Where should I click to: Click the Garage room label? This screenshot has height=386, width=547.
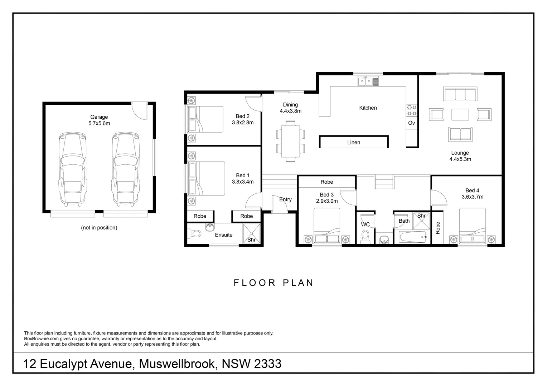point(99,117)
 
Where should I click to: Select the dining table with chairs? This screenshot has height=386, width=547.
point(290,141)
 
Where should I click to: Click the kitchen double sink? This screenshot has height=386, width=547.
point(368,82)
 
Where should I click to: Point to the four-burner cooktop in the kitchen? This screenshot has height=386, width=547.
point(412,110)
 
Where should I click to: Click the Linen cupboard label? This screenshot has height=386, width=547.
point(354,142)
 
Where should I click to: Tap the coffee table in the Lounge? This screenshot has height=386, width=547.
point(460,115)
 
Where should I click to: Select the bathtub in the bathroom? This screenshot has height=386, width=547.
point(412,237)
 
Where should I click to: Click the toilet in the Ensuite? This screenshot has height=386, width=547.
point(195,234)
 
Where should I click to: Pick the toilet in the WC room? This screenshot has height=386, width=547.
point(366,236)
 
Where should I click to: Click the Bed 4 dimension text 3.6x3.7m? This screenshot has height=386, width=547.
point(472,197)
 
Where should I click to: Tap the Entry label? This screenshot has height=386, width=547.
point(285,199)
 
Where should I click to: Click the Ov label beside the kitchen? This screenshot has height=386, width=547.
point(412,123)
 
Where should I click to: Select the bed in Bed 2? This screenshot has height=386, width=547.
point(205,119)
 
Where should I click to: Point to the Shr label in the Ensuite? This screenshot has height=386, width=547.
point(251,240)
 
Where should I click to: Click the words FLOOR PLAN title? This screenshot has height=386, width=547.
point(274,283)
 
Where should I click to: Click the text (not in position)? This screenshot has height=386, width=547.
point(99,228)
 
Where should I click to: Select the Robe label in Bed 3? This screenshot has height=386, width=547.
point(326,182)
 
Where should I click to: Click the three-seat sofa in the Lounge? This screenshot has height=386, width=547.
point(460,94)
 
